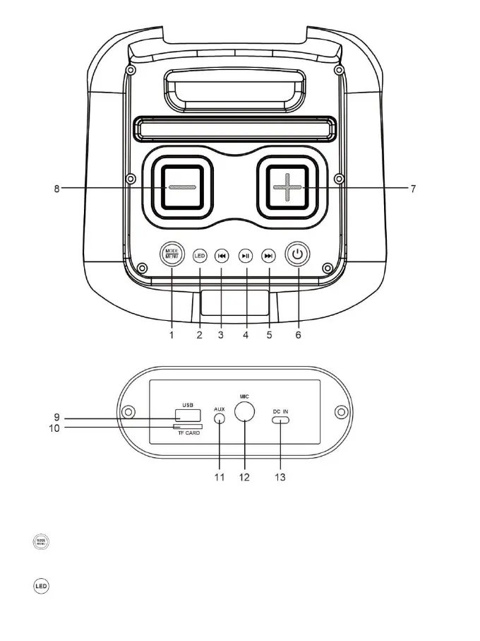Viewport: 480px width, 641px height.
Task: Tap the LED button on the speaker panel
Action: tap(199, 256)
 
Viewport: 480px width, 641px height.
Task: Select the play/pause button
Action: tap(245, 256)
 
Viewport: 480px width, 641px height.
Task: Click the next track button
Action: tap(268, 256)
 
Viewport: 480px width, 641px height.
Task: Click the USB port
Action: tap(187, 416)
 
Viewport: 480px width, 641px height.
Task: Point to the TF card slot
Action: tap(188, 427)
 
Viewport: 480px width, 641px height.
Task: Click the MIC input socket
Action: tap(244, 413)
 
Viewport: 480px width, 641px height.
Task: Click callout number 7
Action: tap(413, 189)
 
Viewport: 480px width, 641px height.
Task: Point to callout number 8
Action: tap(56, 189)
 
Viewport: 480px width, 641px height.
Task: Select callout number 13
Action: tap(280, 478)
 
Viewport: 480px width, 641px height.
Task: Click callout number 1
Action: tap(171, 335)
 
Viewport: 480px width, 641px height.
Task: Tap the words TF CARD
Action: tap(188, 433)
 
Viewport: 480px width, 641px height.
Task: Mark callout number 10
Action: tap(53, 427)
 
